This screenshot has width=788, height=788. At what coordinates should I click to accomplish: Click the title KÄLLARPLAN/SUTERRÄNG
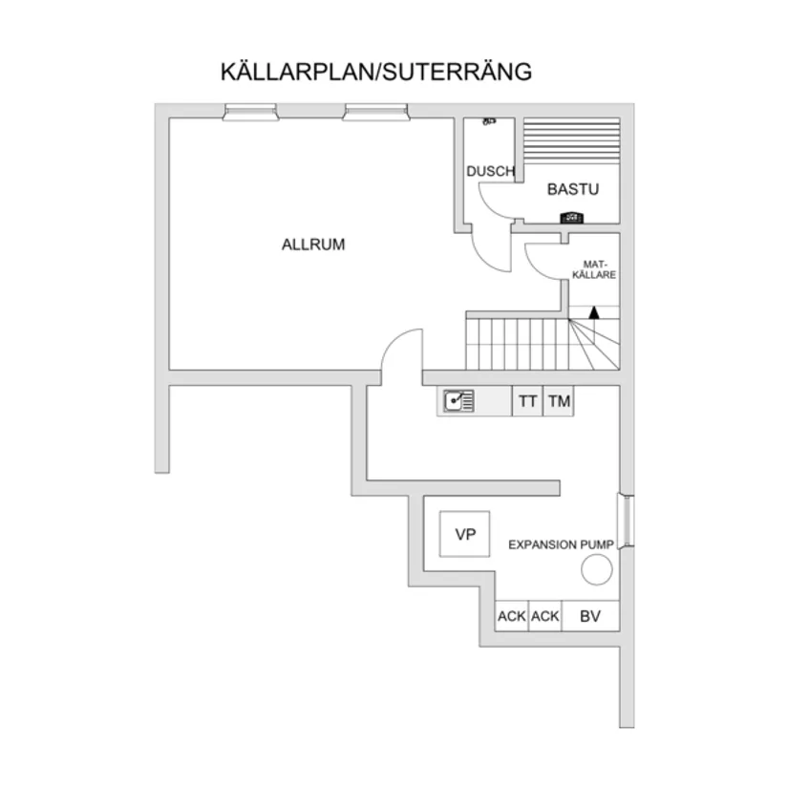[376, 72]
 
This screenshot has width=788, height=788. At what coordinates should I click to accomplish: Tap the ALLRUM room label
[313, 245]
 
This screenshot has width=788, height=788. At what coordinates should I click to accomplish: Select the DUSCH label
[490, 172]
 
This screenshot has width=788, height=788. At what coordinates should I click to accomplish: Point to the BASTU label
[572, 189]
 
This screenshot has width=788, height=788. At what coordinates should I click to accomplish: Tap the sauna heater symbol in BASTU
[572, 217]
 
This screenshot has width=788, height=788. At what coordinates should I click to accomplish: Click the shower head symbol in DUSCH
[489, 122]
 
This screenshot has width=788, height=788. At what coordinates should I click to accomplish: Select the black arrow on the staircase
[594, 311]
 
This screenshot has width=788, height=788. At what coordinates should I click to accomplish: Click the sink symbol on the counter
[458, 401]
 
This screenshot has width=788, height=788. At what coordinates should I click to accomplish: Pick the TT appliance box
[527, 402]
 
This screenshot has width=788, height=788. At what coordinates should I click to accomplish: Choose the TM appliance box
[559, 402]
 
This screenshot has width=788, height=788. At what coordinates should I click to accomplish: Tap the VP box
[465, 535]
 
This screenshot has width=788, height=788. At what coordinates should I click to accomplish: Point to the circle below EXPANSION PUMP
[597, 571]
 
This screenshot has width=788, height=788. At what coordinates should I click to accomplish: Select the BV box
[590, 617]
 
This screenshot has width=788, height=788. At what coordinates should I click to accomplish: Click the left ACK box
[512, 617]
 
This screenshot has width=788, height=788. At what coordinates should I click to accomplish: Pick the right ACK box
[544, 617]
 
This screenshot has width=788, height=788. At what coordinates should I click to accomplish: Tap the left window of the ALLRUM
[252, 113]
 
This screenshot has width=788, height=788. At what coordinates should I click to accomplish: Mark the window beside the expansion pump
[626, 521]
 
